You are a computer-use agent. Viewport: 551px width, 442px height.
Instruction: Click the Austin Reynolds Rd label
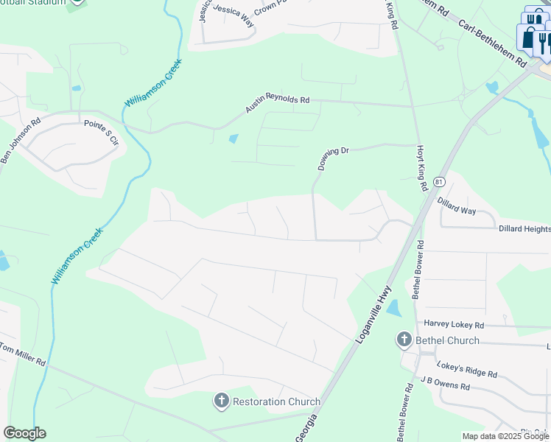[x=278, y=105]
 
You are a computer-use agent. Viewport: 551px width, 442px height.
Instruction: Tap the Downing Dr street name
[x=333, y=158]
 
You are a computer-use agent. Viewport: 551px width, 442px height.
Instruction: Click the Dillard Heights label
[x=524, y=230]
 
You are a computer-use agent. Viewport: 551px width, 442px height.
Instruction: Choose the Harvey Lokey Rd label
[x=454, y=324]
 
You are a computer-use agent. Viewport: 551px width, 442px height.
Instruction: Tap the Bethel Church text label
[x=447, y=340]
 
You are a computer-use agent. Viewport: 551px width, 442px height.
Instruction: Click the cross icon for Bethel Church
[x=404, y=340]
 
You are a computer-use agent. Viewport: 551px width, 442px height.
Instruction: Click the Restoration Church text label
[x=276, y=401]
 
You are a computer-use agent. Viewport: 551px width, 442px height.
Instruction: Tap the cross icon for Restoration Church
[x=221, y=401]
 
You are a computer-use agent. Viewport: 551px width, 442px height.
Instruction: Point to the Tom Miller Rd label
[x=23, y=354]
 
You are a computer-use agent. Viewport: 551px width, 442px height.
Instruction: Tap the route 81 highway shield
[x=439, y=181]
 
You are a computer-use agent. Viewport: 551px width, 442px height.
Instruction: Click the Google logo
[x=24, y=433]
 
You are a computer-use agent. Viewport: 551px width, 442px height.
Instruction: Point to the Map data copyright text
[x=505, y=436]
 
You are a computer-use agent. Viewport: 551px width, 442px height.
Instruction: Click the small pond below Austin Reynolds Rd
[x=234, y=138]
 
